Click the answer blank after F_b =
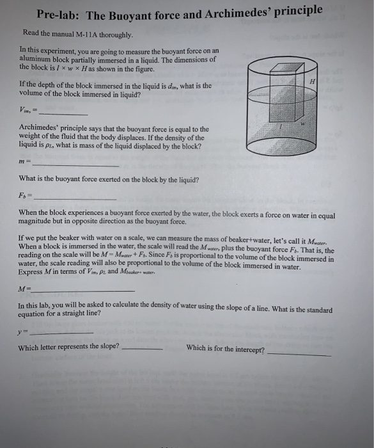point(74,198)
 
